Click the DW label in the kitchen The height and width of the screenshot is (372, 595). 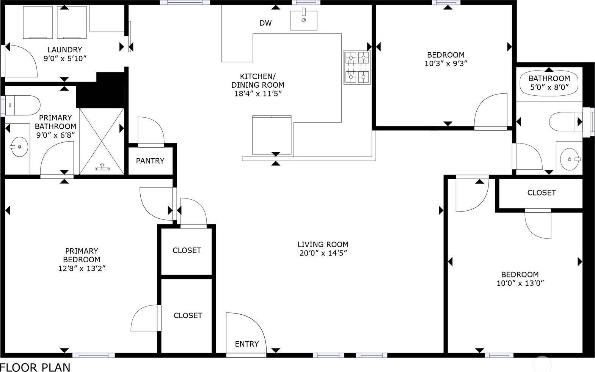[x=265, y=23]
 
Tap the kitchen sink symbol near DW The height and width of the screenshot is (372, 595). [x=303, y=20]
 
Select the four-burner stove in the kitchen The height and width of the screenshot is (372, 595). [x=357, y=67]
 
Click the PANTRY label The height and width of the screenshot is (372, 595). [x=150, y=161]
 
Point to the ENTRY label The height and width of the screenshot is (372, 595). [x=247, y=344]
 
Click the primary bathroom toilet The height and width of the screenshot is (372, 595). [x=23, y=105]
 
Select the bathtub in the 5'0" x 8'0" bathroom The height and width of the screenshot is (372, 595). [x=549, y=84]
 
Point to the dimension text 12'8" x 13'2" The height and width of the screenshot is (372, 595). [x=82, y=268]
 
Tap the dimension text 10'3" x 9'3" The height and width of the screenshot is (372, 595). [x=446, y=63]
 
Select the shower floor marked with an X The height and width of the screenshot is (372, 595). [x=102, y=140]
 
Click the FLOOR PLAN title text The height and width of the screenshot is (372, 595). [x=35, y=367]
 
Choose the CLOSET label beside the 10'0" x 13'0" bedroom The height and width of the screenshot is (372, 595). [x=542, y=193]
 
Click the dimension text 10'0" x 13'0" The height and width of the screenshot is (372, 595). [x=520, y=283]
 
